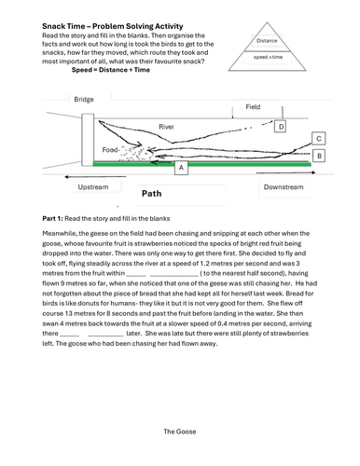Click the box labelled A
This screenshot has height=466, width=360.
click(181, 168)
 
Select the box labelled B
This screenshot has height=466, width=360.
click(319, 156)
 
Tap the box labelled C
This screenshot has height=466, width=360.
click(319, 139)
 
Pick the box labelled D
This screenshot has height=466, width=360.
click(281, 127)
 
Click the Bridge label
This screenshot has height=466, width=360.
click(84, 100)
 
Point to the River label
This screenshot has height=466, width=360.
click(166, 127)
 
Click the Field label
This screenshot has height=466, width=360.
click(253, 107)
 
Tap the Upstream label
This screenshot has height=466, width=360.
click(93, 187)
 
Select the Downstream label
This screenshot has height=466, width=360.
click(284, 187)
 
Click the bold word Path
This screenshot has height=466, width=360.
click(152, 194)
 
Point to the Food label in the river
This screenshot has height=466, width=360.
click(110, 150)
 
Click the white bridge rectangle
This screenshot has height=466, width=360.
click(88, 140)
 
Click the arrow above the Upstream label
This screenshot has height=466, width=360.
click(95, 177)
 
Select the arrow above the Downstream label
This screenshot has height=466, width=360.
click(285, 172)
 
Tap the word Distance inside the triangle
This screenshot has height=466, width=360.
click(267, 41)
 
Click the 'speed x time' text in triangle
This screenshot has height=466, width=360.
click(268, 57)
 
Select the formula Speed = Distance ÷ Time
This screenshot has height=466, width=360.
click(111, 70)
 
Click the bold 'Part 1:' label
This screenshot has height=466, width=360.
click(52, 218)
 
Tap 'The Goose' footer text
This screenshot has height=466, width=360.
click(180, 432)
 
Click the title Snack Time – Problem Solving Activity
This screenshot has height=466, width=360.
click(113, 26)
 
